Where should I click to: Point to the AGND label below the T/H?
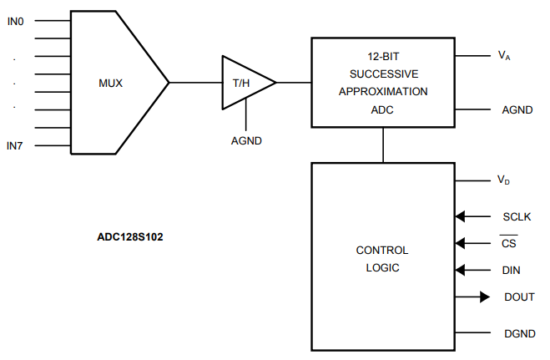pos(246,140)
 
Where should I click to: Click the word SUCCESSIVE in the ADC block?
pos(384,74)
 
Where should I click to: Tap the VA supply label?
pos(504,56)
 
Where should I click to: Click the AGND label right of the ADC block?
pos(517,109)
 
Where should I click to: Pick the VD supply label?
pos(504,180)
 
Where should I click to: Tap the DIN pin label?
pos(512,270)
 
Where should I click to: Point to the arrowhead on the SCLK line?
pos(460,216)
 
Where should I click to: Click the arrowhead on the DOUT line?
pos(483,297)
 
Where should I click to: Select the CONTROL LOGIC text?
pos(382,259)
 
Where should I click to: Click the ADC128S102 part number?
pos(129,236)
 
